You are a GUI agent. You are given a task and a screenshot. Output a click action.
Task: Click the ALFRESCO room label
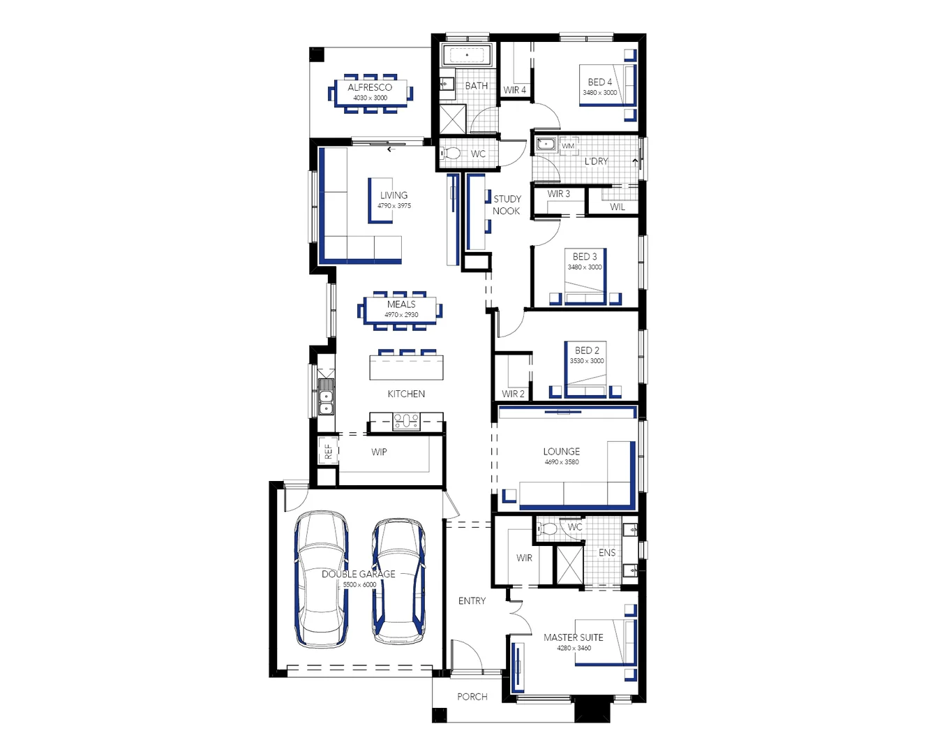[370, 87]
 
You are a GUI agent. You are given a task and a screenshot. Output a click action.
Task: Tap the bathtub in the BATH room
[467, 54]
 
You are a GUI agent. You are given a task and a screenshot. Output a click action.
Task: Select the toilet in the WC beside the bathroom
[450, 153]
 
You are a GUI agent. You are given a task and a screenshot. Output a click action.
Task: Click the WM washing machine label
[568, 146]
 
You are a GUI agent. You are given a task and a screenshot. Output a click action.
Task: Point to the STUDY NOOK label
[507, 205]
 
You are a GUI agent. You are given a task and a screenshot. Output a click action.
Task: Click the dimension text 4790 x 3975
[394, 206]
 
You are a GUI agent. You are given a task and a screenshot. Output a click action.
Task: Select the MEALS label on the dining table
[401, 304]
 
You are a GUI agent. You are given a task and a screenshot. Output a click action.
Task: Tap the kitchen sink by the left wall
[326, 401]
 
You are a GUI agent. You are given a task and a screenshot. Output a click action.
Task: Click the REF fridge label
[328, 452]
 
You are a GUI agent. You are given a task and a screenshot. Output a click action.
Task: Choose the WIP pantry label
[379, 452]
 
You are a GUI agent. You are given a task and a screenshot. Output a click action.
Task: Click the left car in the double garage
[322, 579]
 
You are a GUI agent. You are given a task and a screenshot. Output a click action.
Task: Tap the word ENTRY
[472, 600]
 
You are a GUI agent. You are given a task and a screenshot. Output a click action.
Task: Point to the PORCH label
[472, 697]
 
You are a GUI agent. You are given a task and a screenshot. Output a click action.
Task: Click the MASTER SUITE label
[574, 637]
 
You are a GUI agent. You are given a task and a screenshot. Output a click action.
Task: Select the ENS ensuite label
[607, 552]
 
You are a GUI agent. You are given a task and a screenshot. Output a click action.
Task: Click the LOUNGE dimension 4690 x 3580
[562, 462]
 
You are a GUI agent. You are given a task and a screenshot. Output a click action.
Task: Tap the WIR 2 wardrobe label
[513, 394]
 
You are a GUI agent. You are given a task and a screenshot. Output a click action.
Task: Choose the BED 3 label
[585, 256]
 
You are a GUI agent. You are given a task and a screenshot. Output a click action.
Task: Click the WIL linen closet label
[618, 207]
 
